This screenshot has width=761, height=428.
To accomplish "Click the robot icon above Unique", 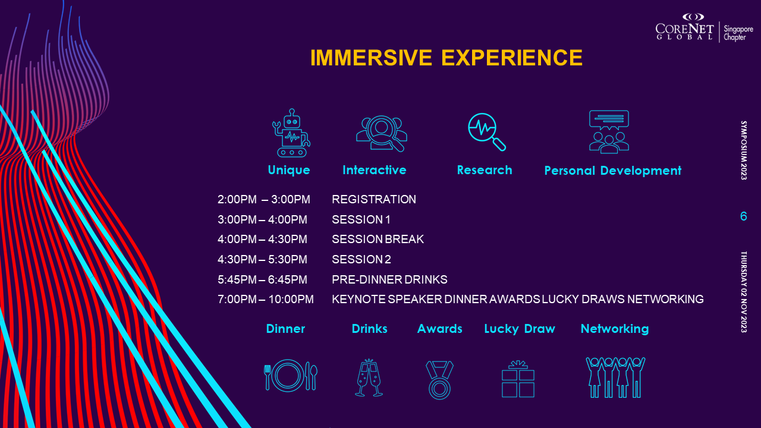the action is (x=291, y=133).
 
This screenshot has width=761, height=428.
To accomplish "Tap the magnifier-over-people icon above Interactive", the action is (x=382, y=134).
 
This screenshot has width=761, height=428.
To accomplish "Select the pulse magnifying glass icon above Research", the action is (x=486, y=132).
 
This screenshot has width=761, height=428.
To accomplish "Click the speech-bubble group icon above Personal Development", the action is (x=609, y=132).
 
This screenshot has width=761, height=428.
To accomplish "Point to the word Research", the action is (x=485, y=170).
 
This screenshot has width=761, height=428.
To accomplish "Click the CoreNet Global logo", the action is (x=684, y=27).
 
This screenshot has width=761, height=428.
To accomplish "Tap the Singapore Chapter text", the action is (x=738, y=33).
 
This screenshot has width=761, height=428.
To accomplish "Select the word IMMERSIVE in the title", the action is (x=371, y=58).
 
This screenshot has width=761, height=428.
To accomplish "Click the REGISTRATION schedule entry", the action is (x=374, y=199).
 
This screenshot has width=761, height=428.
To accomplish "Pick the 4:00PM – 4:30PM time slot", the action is (x=262, y=239).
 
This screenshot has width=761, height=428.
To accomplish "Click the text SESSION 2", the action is (x=361, y=259).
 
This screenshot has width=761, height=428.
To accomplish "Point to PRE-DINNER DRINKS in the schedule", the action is (x=389, y=279).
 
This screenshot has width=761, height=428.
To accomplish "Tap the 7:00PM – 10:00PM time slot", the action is (x=266, y=299).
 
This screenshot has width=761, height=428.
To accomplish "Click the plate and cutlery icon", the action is (x=291, y=376).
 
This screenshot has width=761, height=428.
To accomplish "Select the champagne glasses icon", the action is (x=369, y=377).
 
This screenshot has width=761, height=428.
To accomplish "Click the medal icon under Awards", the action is (x=439, y=380).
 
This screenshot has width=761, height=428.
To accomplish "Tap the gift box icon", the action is (x=518, y=379).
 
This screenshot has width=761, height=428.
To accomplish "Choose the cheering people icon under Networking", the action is (x=615, y=377).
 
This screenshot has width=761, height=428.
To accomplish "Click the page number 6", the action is (x=744, y=216).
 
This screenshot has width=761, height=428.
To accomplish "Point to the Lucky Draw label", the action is (x=520, y=329).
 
